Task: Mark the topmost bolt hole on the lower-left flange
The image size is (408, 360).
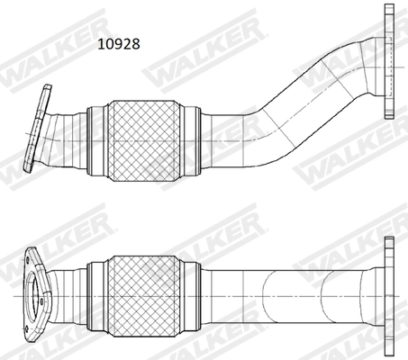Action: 30,258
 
